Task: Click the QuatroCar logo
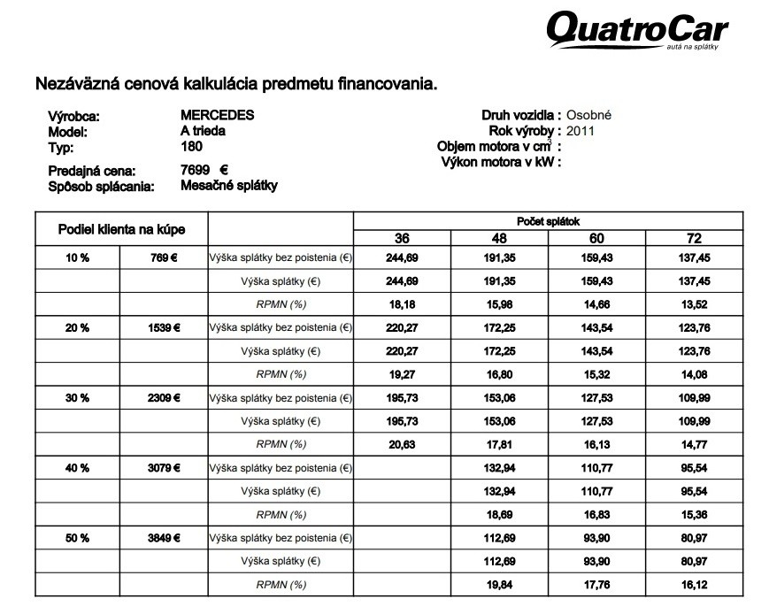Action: pos(636,30)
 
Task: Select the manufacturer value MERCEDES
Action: pos(217,115)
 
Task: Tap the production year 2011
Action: pos(580,131)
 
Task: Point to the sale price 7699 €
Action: pos(204,170)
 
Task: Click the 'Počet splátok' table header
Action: pos(548,221)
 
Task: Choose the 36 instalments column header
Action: pos(402,238)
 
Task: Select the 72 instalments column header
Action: pos(694,238)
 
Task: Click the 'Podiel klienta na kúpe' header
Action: pos(121,230)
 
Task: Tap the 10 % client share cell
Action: pos(77,257)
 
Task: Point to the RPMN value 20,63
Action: pos(402,444)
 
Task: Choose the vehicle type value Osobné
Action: pos(589,115)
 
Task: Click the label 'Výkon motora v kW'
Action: pos(501,162)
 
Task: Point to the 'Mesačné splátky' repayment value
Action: pos(228,186)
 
